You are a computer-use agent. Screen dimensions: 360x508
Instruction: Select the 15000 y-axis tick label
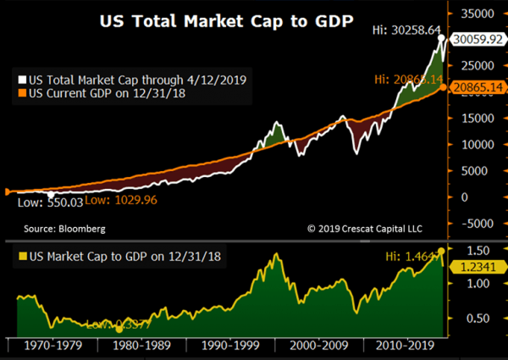478,119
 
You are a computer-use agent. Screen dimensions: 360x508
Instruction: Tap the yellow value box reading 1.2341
478,266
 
